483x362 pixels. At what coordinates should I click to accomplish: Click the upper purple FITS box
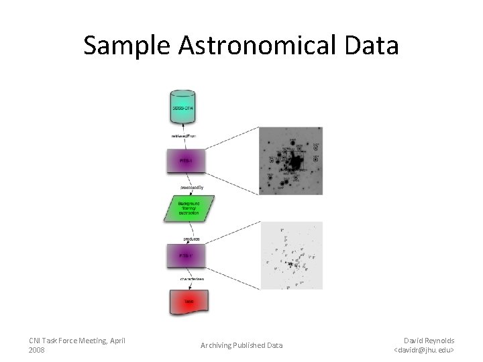pyautogui.click(x=186, y=161)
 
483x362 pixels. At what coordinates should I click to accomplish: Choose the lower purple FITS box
pyautogui.click(x=186, y=256)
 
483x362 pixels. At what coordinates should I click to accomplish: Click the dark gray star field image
pyautogui.click(x=290, y=161)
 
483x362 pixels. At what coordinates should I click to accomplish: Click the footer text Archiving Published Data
pyautogui.click(x=241, y=345)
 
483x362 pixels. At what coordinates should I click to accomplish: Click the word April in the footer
pyautogui.click(x=116, y=341)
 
